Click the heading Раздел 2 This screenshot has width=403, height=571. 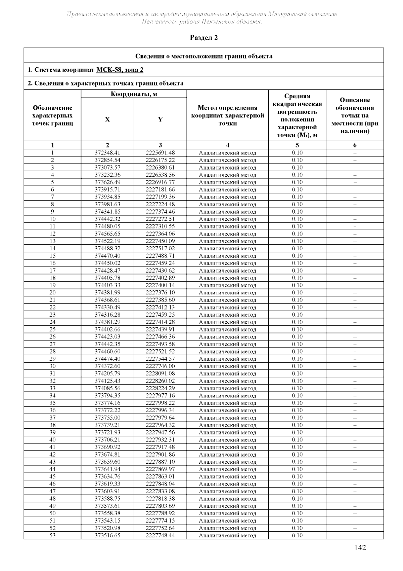(204, 38)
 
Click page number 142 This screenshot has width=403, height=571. (360, 547)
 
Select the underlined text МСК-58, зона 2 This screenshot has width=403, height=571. (120, 70)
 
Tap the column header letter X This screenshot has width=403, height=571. (107, 119)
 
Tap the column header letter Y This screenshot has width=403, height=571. (160, 119)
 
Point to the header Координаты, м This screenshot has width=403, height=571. (134, 94)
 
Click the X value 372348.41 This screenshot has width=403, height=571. (107, 153)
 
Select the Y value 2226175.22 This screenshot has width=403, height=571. (160, 160)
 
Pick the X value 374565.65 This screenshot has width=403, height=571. (107, 234)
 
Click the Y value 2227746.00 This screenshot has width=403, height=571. (160, 366)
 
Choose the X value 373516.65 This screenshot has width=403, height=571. (107, 535)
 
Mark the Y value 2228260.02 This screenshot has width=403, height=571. (160, 381)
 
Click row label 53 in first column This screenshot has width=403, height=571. (52, 535)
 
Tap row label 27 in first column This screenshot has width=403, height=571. (52, 344)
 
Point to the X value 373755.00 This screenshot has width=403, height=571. (107, 418)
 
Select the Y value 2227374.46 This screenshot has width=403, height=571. (160, 212)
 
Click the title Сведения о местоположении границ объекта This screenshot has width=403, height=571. (204, 56)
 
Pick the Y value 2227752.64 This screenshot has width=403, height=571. (160, 528)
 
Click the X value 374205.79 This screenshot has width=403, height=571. (107, 373)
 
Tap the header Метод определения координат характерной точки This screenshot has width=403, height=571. (228, 115)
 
